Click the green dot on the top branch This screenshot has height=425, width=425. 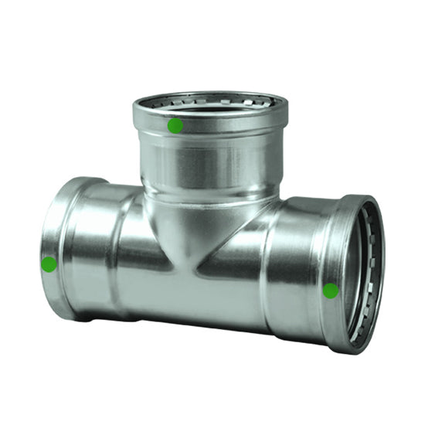pos(175,125)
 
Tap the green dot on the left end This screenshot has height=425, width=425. pos(49,264)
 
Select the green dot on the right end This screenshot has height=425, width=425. pos(331,291)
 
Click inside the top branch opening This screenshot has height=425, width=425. pos(210,108)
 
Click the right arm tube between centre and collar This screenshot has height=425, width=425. pos(290,263)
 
